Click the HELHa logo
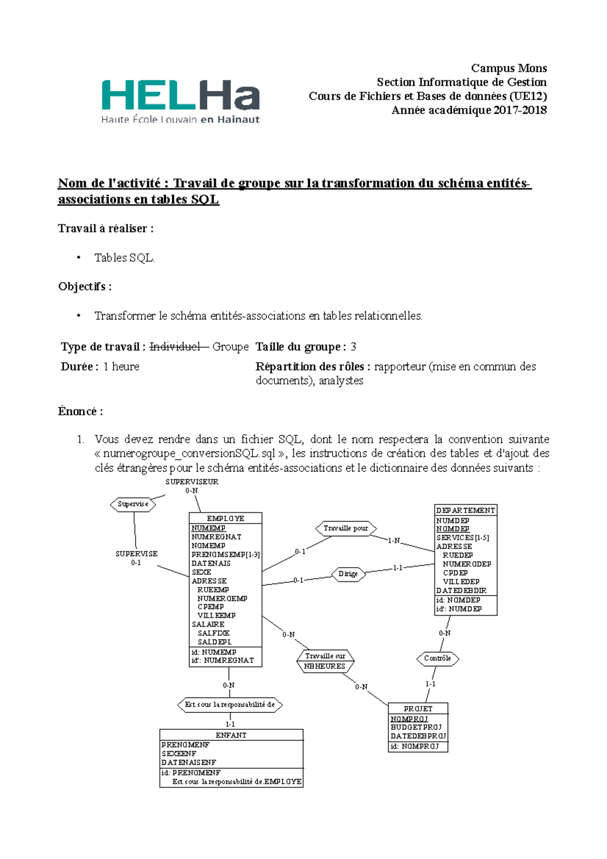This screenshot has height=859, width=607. [181, 101]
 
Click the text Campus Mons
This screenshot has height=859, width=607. [508, 68]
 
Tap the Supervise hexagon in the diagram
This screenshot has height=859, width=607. [133, 504]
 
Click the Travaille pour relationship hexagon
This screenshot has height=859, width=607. [346, 529]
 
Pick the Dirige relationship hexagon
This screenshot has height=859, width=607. [348, 574]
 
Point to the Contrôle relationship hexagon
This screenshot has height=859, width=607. [438, 659]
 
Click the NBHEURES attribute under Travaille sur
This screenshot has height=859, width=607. [325, 666]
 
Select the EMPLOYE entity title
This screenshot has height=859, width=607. [226, 519]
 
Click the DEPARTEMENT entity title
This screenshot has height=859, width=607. [465, 510]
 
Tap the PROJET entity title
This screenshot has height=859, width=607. [418, 709]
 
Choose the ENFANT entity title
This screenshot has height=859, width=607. [231, 735]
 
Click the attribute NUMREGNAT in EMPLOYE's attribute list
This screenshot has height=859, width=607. [216, 537]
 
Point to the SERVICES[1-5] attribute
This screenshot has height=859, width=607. [463, 538]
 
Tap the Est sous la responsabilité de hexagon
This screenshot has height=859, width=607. [230, 705]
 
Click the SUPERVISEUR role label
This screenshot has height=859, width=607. [192, 482]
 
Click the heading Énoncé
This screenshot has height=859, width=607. [80, 411]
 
